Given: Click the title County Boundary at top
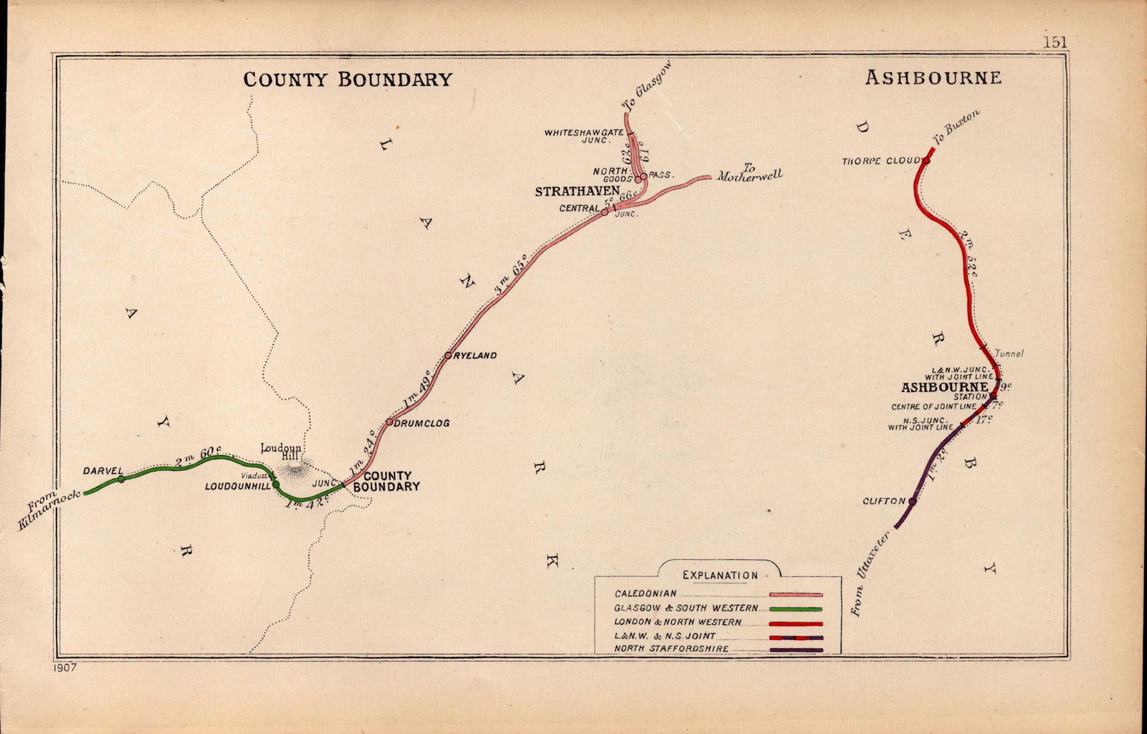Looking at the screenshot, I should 348,79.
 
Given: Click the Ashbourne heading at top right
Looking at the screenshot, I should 933,77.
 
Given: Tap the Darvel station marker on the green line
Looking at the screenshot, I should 121,479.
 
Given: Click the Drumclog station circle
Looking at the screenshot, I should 389,422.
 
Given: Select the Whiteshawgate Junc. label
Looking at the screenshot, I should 584,136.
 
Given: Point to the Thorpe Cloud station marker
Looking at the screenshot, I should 925,161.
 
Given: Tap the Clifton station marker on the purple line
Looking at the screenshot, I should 912,501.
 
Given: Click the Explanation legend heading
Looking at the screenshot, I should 720,575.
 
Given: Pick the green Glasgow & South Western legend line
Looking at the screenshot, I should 796,609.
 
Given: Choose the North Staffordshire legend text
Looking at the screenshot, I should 672,649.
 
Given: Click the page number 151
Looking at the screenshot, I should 1055,42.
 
